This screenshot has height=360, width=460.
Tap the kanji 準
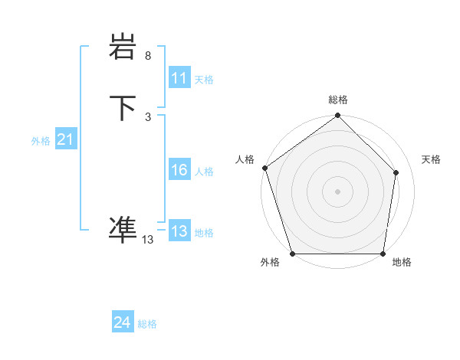click(x=123, y=227)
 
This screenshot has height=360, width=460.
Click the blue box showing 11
click(x=179, y=78)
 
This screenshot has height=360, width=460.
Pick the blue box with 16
click(x=179, y=170)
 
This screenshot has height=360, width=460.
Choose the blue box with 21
click(x=65, y=139)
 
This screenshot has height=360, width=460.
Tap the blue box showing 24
click(x=123, y=322)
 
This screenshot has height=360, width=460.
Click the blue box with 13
click(x=179, y=231)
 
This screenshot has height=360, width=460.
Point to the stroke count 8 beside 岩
click(x=148, y=56)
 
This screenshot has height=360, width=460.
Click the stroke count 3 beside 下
click(x=148, y=116)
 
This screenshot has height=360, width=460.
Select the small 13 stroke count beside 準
click(x=148, y=240)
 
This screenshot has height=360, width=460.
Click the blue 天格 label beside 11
click(x=204, y=80)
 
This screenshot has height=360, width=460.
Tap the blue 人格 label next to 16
click(x=204, y=172)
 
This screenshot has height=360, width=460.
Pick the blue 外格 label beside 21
click(x=41, y=141)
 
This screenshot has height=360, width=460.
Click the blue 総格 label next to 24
click(x=147, y=324)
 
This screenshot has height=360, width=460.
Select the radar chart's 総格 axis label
click(x=338, y=100)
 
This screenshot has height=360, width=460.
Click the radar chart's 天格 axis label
click(x=431, y=159)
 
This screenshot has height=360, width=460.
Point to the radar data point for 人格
click(x=264, y=168)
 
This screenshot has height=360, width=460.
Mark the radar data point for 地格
click(x=383, y=253)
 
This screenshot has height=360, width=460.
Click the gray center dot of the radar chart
click(x=337, y=191)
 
